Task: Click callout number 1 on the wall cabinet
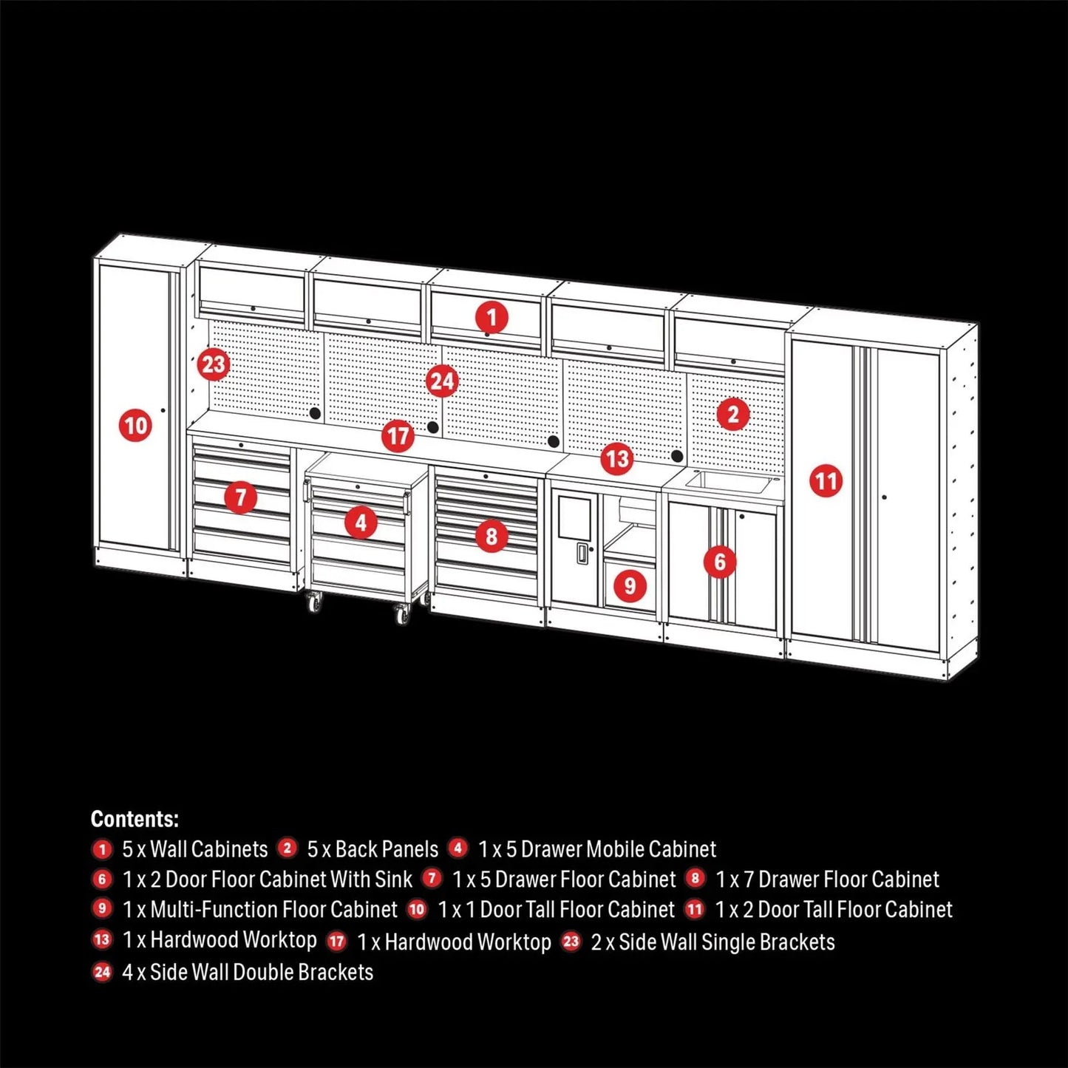point(492,318)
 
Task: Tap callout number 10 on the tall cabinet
point(135,426)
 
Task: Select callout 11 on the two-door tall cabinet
point(826,481)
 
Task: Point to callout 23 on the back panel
point(213,364)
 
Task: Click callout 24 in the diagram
point(442,381)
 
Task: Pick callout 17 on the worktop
point(398,435)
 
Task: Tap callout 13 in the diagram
point(616,459)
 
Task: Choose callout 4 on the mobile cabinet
point(361,523)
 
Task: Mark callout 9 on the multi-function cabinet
point(630,586)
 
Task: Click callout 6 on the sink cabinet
point(720,562)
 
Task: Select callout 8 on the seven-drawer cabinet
point(492,536)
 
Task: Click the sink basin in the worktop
point(727,481)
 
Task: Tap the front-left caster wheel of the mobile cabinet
point(314,603)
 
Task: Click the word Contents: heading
point(135,819)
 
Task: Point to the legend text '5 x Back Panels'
point(373,849)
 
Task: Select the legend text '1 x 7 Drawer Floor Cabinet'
point(827,880)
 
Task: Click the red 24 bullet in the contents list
point(102,971)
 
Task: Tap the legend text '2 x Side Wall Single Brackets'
point(712,942)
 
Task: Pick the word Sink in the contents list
point(393,880)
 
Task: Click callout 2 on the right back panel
point(732,414)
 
